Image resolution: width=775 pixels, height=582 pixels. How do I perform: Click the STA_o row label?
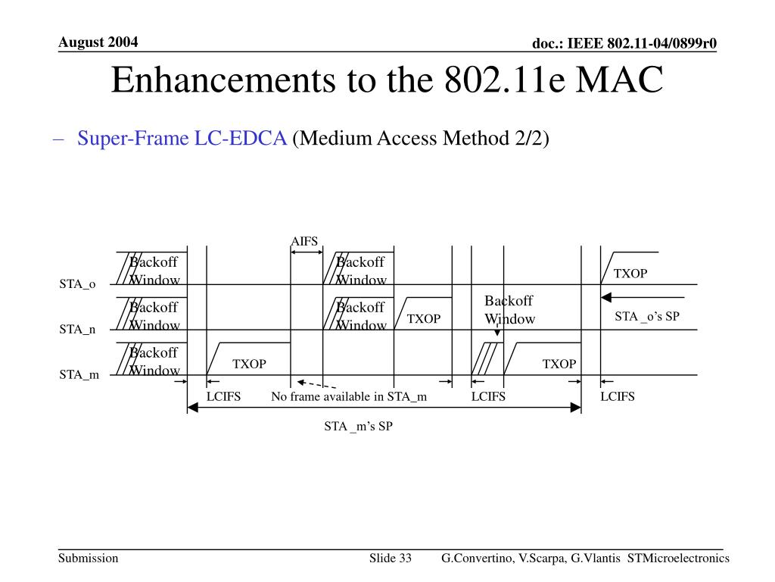tap(78, 284)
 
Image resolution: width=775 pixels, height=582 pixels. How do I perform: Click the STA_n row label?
tap(78, 330)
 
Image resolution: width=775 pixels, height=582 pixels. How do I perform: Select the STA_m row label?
tap(79, 374)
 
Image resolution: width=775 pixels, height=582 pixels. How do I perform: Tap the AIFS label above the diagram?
tap(304, 241)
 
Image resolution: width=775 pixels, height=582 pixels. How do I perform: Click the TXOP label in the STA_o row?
tap(630, 274)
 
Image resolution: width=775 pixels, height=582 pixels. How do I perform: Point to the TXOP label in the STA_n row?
tap(424, 319)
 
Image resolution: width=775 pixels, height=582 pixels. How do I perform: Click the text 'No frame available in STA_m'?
tap(349, 396)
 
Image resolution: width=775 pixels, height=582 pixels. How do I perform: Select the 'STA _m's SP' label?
tap(359, 426)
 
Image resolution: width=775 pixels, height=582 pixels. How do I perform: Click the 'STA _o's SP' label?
tap(647, 317)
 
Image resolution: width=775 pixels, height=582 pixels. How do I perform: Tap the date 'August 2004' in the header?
tap(99, 42)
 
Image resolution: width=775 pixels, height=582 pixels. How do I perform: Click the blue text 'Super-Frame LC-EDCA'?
tap(182, 139)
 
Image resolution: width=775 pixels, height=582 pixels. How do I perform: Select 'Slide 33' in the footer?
tap(390, 559)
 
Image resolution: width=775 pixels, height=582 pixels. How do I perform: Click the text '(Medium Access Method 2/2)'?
tap(420, 139)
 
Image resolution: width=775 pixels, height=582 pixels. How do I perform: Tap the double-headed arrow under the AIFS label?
tap(307, 252)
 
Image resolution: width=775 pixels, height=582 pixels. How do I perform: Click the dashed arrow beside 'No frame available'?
tap(316, 384)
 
